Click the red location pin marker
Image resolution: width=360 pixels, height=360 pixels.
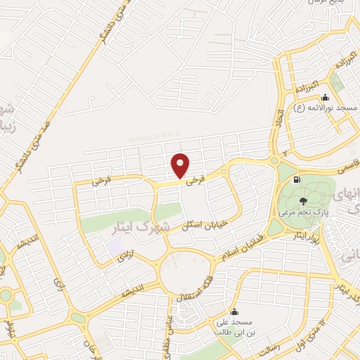(x=180, y=167)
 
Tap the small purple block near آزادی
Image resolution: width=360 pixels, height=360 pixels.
(x=114, y=248)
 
